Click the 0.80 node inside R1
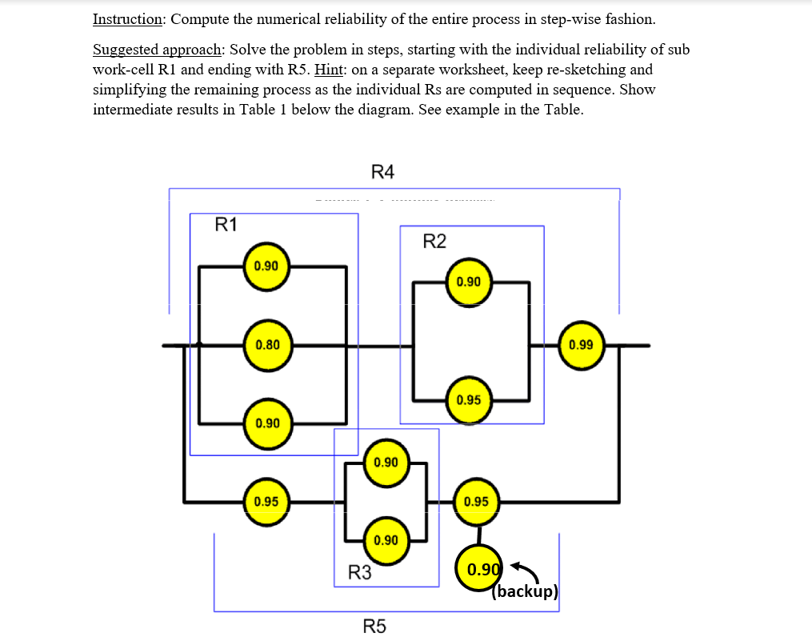pos(267,346)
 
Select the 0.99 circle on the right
pos(582,346)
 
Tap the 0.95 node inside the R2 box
pos(469,399)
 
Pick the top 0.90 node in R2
pos(469,282)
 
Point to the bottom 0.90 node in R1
pos(267,423)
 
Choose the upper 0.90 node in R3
pos(386,463)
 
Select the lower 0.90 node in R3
pos(386,540)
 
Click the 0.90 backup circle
pos(479,570)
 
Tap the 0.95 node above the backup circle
pos(477,502)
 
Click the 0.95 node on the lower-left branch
pos(266,502)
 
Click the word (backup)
pos(525,592)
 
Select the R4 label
pos(383,171)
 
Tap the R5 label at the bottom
pos(374,626)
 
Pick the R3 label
pos(360,572)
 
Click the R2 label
pos(434,242)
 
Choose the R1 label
pos(227,224)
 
